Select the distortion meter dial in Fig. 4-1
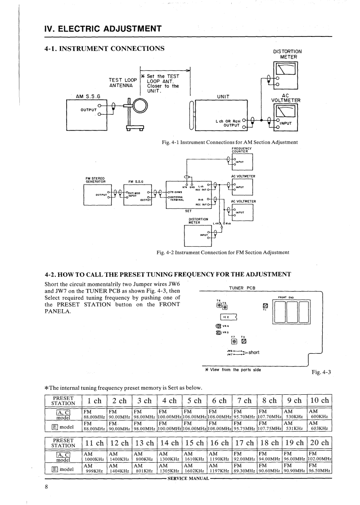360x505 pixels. click(x=287, y=69)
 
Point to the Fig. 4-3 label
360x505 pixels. click(x=321, y=372)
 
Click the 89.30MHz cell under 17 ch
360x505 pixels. click(x=244, y=471)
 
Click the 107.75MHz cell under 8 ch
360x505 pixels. click(x=269, y=428)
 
